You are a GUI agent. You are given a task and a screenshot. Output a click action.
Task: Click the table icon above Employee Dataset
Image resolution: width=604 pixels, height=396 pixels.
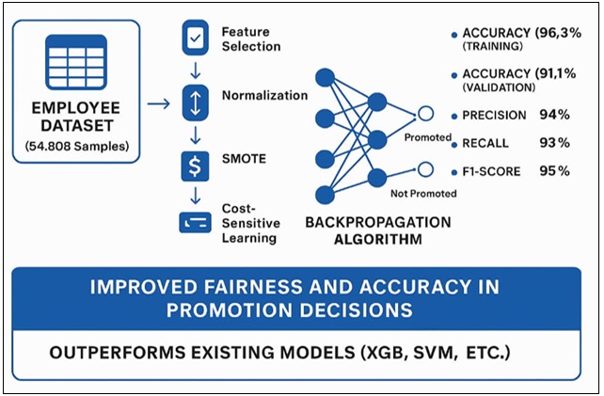76,62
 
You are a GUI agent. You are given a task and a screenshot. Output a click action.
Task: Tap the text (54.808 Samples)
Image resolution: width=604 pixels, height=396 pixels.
77,147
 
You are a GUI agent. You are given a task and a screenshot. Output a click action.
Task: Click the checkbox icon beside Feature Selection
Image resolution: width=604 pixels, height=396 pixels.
196,38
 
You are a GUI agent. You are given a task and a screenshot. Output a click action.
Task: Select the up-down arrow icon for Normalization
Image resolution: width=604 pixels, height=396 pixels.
196,103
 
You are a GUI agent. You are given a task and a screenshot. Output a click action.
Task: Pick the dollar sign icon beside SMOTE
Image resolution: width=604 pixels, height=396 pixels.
196,166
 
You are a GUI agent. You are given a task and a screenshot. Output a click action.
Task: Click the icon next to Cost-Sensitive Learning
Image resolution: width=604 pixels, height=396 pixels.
196,222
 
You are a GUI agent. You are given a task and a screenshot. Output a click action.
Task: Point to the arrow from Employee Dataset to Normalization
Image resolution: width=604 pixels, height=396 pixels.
158,103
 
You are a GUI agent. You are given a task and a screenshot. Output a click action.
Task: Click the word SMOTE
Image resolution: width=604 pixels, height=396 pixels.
244,159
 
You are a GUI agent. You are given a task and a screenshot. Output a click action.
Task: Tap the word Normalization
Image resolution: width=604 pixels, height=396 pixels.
264,95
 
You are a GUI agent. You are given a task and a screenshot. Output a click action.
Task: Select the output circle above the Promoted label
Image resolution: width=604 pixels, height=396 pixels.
425,114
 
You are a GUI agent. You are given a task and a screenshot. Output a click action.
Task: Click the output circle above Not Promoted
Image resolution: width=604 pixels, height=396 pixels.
425,169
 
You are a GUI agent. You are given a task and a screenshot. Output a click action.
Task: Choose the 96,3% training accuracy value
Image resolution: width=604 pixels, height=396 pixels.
558,33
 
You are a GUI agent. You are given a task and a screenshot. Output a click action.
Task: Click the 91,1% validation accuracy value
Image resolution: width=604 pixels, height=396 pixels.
555,73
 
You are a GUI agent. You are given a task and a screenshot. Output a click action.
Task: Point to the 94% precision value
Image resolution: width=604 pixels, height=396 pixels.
554,115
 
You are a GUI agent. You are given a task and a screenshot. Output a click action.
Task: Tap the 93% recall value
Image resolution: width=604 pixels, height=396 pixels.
554,143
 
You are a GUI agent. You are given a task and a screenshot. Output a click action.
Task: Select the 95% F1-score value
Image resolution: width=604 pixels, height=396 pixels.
554,170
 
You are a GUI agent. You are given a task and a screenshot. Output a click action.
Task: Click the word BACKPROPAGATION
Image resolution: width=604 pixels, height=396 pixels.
378,223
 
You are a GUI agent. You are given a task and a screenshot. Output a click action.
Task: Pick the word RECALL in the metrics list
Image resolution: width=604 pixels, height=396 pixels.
485,143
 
